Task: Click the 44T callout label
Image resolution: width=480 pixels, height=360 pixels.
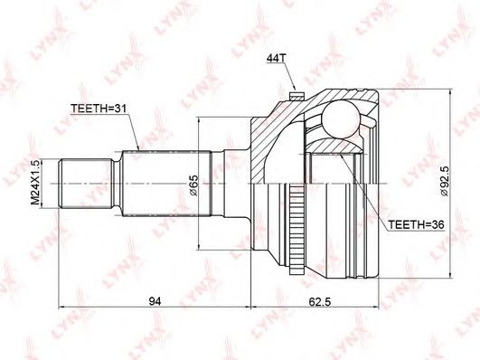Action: point(274,58)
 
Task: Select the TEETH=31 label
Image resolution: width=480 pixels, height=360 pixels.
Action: point(99,109)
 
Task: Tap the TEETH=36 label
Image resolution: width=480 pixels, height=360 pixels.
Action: point(416,224)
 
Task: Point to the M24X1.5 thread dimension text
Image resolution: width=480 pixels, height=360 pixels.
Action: point(36,183)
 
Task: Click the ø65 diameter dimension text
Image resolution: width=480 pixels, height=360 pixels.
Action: point(194,185)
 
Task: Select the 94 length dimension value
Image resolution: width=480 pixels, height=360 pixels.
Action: point(155,301)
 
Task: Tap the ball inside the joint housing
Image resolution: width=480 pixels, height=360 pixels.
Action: point(341,118)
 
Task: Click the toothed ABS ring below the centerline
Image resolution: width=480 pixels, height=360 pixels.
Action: point(296,228)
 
